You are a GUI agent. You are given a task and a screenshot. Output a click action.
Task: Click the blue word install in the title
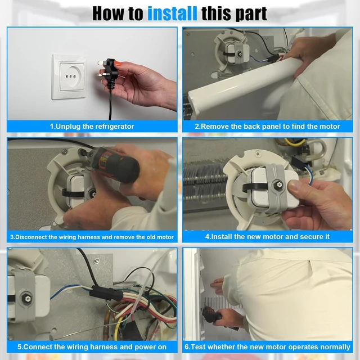pyautogui.click(x=172, y=13)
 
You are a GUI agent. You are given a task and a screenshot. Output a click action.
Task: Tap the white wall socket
pyautogui.click(x=69, y=77)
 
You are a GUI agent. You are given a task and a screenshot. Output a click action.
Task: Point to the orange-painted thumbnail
pyautogui.click(x=117, y=64)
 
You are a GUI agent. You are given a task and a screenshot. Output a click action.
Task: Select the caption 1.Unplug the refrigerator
pyautogui.click(x=92, y=127)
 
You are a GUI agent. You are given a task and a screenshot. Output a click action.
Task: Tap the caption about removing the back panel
pyautogui.click(x=268, y=127)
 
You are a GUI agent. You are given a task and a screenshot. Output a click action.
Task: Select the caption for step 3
pyautogui.click(x=92, y=237)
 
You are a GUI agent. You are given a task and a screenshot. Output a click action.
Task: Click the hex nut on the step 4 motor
pyautogui.click(x=279, y=184)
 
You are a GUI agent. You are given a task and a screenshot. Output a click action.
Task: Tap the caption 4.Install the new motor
pyautogui.click(x=268, y=237)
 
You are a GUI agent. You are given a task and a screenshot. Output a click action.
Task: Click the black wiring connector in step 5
pyautogui.click(x=106, y=293)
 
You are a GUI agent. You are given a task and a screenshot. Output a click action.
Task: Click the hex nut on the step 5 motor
pyautogui.click(x=28, y=299)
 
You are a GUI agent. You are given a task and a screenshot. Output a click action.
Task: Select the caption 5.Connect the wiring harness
pyautogui.click(x=92, y=347)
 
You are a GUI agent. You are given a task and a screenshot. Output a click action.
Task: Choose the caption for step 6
pyautogui.click(x=268, y=347)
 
